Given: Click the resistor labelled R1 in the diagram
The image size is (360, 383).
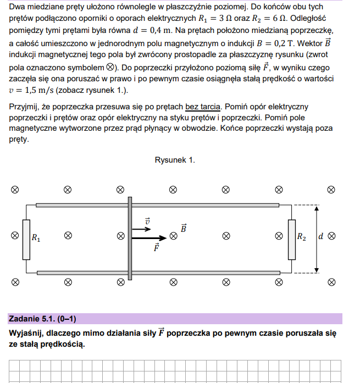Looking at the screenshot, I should [26, 238].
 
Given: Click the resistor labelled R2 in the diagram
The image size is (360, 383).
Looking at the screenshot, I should [292, 238].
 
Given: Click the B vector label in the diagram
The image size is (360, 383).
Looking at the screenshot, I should [184, 227].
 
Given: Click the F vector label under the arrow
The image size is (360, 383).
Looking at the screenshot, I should [157, 248].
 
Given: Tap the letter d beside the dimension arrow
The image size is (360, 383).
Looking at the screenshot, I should [320, 237].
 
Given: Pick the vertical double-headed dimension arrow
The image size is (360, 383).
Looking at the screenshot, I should [316, 238].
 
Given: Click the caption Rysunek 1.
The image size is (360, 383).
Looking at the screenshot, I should [174, 160].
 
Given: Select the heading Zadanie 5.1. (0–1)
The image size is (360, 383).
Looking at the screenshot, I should [42, 319].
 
